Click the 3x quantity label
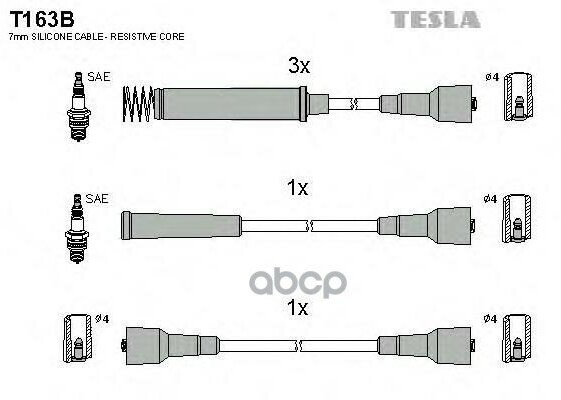[298, 66]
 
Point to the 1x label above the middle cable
[297, 187]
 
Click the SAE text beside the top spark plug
[98, 77]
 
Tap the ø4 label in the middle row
[490, 200]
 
